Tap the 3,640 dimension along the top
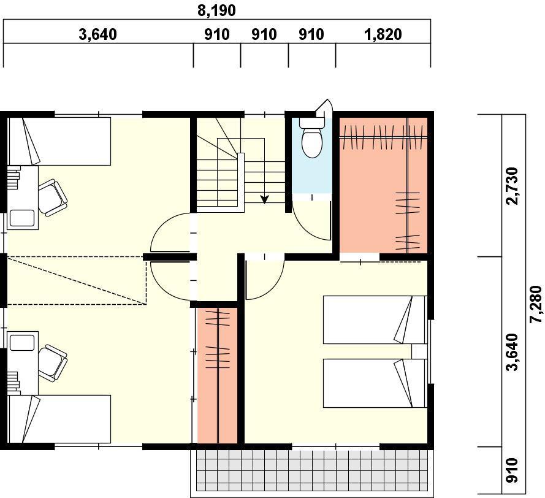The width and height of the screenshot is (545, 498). coord(97,34)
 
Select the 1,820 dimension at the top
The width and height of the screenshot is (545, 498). coord(383,34)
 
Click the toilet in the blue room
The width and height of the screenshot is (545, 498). coord(312,140)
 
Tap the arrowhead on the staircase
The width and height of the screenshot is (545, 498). coord(265,199)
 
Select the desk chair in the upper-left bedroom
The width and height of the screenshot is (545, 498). coord(53,196)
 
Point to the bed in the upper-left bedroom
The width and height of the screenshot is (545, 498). coord(59,141)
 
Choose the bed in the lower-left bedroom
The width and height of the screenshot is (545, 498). coord(59,419)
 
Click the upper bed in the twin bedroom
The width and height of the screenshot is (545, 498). coord(374,320)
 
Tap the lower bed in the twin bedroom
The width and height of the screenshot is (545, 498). coord(374,383)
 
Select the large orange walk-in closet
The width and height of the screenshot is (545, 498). coord(383,184)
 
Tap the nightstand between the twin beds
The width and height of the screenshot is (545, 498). coord(419,351)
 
